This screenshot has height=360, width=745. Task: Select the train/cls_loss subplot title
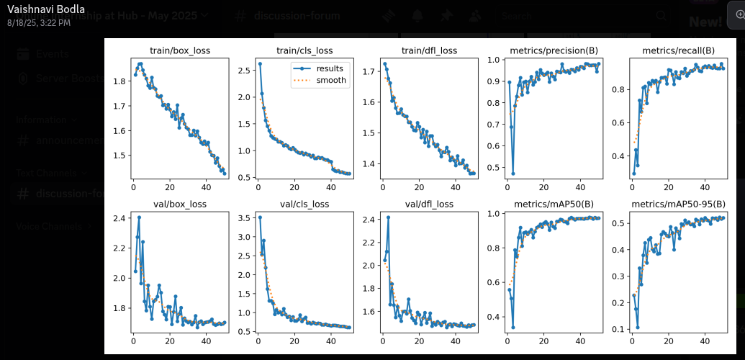click(304, 50)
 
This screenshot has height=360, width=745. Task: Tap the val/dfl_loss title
click(429, 204)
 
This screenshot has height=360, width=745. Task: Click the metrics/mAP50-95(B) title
click(678, 204)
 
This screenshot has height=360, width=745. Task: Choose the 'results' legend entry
click(328, 68)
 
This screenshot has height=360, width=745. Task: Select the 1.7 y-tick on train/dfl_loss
click(368, 71)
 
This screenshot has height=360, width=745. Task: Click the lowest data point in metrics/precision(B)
click(513, 174)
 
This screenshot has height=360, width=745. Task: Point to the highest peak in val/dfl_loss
click(388, 217)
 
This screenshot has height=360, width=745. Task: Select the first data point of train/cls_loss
click(260, 63)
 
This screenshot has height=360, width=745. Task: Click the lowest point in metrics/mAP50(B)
click(513, 327)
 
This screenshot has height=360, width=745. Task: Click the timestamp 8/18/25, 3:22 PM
click(39, 23)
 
